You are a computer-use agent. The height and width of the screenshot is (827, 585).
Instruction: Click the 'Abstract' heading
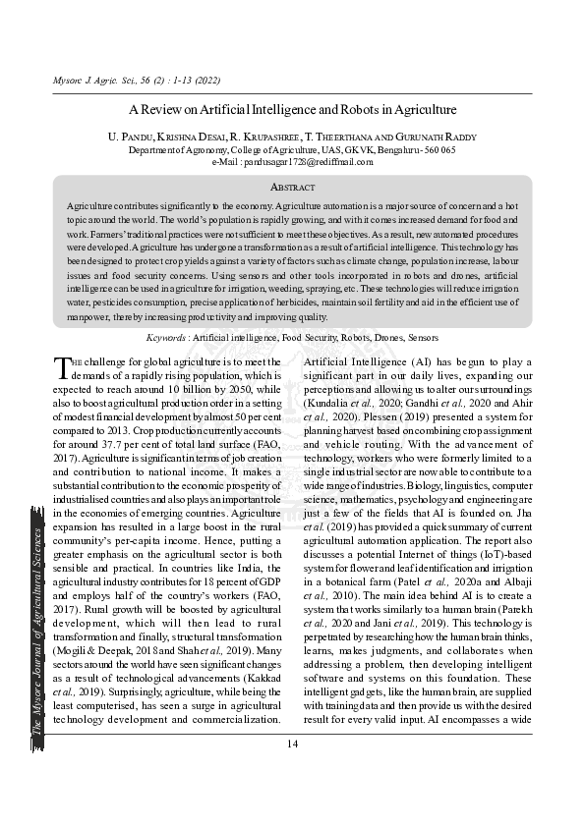click(x=292, y=187)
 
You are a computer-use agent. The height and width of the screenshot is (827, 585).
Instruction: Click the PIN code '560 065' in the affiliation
click(x=437, y=150)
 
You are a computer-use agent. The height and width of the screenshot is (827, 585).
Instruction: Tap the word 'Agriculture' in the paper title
click(x=422, y=110)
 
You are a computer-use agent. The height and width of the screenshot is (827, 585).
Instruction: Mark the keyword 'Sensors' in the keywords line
click(x=424, y=337)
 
